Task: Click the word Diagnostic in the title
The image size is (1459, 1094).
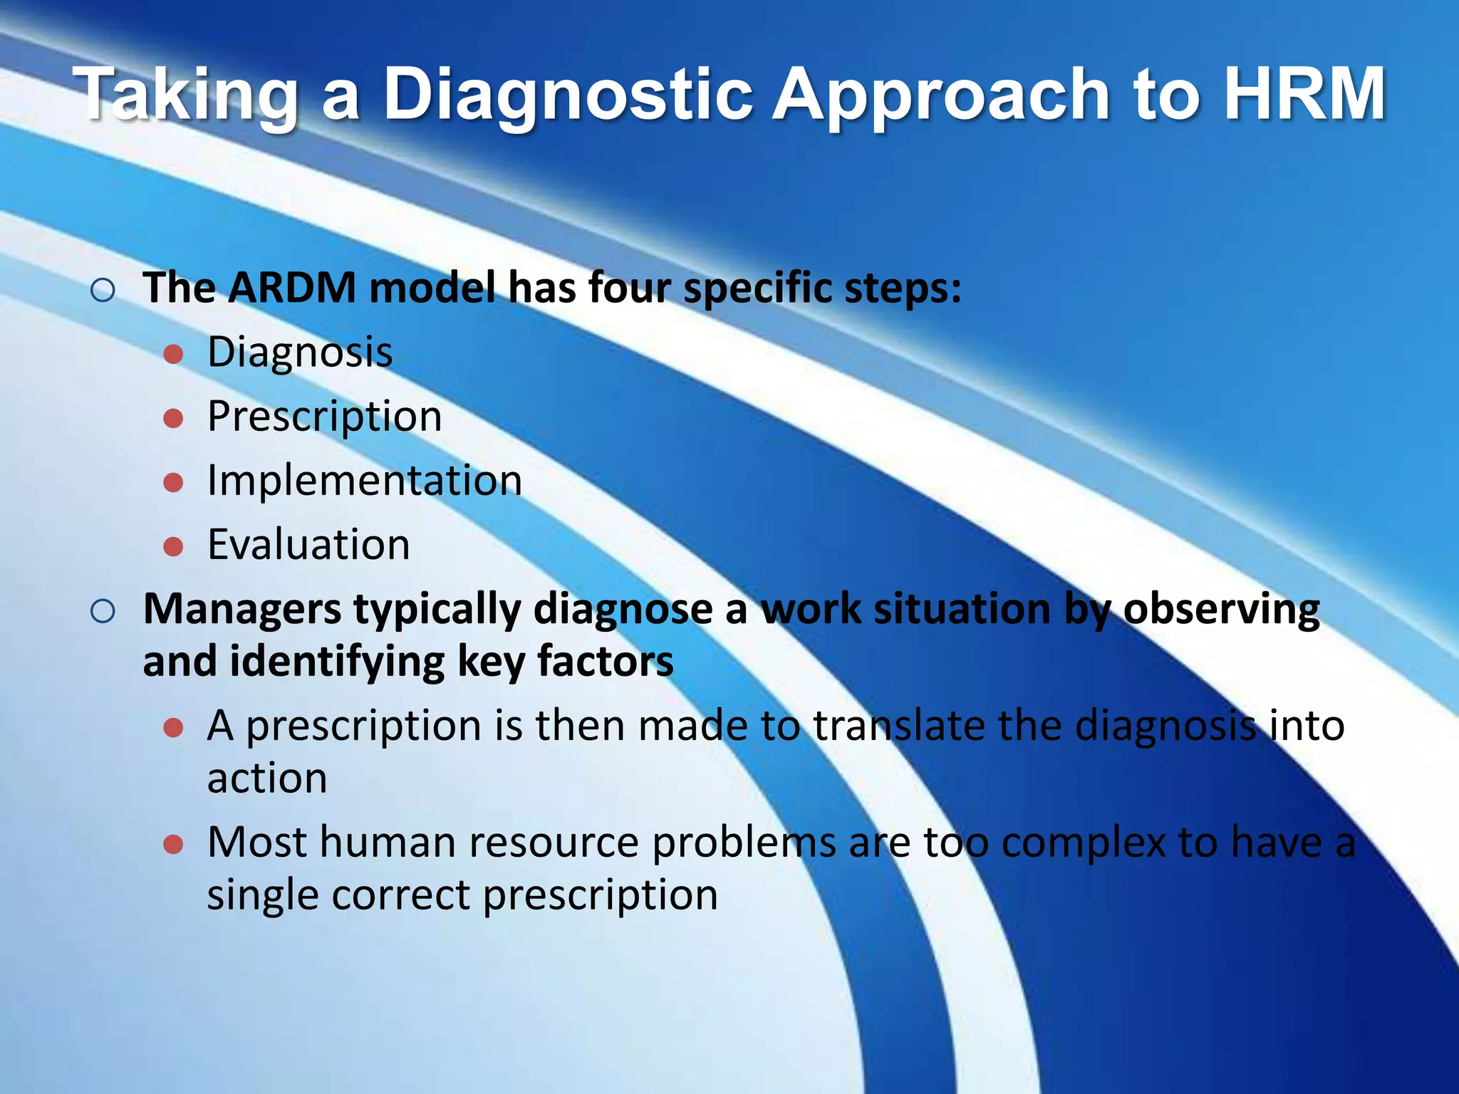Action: (568, 95)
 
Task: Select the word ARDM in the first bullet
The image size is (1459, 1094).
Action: (291, 288)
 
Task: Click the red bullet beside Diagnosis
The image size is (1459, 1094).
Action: (174, 354)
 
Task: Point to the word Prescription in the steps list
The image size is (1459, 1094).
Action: (324, 417)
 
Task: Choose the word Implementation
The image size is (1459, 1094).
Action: (365, 481)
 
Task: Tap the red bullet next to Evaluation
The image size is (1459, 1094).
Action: (174, 546)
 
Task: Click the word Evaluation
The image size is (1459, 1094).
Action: (308, 545)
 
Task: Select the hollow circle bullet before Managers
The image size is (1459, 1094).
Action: (103, 611)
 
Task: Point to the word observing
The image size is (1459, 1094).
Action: (1221, 610)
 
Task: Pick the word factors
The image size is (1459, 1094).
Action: (605, 662)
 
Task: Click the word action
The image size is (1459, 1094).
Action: (267, 778)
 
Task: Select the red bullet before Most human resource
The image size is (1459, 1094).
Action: (174, 845)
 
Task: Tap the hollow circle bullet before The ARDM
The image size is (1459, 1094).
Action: (103, 291)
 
